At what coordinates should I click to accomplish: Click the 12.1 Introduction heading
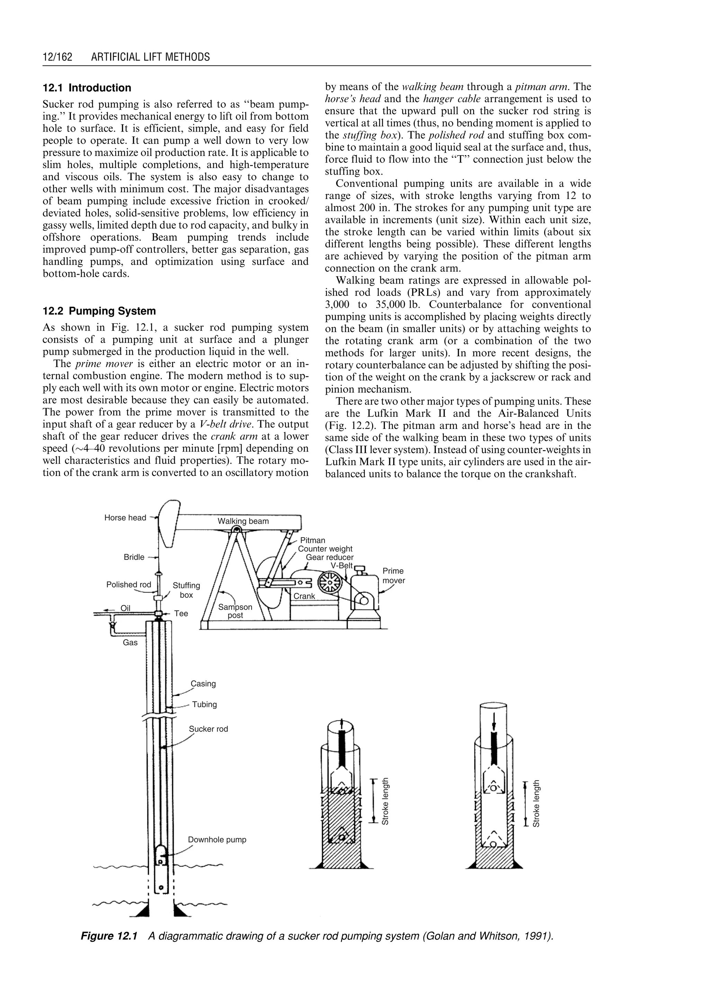87,88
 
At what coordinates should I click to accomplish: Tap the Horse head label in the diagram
125,518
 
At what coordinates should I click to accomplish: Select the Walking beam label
243,521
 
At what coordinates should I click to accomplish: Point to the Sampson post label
235,611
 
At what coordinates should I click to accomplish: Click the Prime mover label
393,576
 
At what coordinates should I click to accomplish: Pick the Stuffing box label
186,590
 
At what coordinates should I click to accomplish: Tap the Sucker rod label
208,729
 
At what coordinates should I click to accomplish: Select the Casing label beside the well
204,684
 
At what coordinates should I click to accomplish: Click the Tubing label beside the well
204,705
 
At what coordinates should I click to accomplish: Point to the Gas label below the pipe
130,643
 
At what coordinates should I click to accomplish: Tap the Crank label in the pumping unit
304,596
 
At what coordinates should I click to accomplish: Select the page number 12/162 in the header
57,57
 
